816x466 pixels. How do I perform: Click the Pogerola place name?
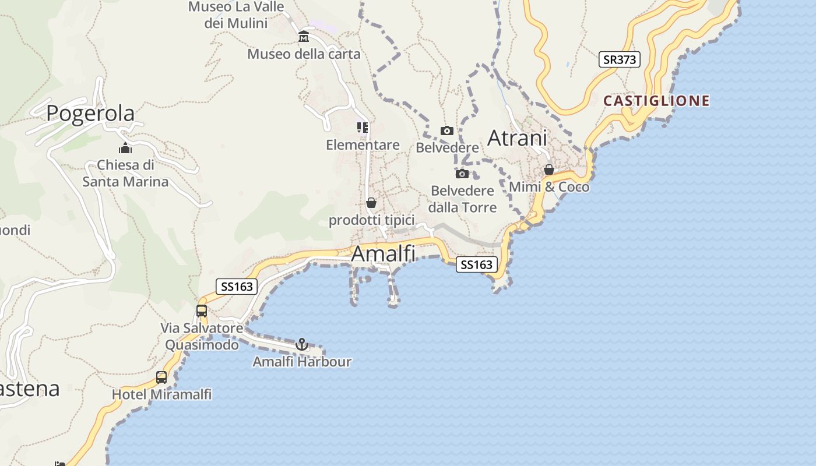tap(90, 113)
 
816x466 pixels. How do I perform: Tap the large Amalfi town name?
tap(383, 254)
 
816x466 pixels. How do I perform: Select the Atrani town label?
tap(517, 138)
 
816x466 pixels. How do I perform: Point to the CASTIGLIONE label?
tap(656, 101)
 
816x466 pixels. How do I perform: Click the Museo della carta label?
tap(304, 54)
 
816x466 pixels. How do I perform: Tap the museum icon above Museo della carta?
tap(304, 37)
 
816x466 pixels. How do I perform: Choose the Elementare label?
tap(363, 145)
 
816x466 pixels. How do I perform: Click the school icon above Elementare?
tap(363, 127)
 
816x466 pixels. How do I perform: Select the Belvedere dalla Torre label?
tap(462, 199)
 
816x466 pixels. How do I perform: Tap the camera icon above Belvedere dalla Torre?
tap(462, 174)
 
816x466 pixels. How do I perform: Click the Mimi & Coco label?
tap(549, 187)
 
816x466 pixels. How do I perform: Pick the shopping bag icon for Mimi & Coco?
tap(549, 170)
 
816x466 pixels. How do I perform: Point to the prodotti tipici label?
tap(371, 220)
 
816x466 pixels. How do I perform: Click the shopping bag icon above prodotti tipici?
tap(371, 203)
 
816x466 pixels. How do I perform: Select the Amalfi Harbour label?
tap(302, 362)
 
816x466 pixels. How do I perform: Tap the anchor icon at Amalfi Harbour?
tap(302, 344)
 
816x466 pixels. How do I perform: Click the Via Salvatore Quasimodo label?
tap(202, 337)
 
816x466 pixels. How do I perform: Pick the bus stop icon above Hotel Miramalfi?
tap(161, 377)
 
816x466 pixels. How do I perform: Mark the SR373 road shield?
tap(619, 59)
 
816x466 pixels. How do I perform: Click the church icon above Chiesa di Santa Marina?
tap(125, 148)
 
